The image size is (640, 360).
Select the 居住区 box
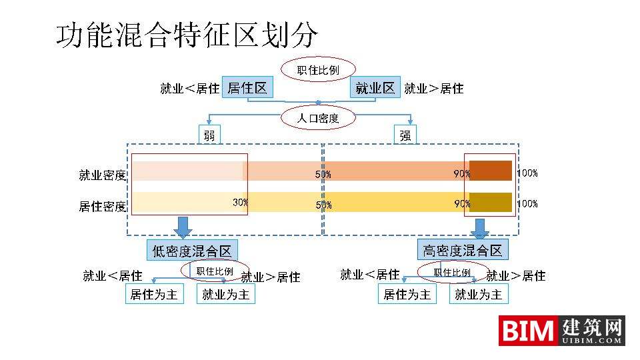point(247,88)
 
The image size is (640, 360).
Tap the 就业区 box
point(375,88)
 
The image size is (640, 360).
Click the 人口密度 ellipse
point(319,119)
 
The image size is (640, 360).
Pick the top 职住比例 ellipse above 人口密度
point(319,69)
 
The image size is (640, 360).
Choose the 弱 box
point(209,135)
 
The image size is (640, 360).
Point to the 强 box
point(405,135)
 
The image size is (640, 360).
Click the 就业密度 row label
point(102,175)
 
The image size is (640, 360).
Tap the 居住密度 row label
point(102,206)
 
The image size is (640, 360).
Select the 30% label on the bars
point(240,202)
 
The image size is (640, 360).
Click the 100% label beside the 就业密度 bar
point(527,173)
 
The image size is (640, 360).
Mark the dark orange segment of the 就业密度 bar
point(491,171)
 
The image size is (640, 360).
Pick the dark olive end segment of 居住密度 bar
point(491,201)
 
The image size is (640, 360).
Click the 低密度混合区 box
point(192,251)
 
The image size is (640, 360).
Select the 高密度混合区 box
point(463,251)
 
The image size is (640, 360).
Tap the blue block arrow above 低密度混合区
point(183,227)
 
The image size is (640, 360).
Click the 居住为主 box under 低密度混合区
point(154,294)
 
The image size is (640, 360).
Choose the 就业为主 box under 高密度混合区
point(478,294)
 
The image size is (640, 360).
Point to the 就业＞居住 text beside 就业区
point(434,88)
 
